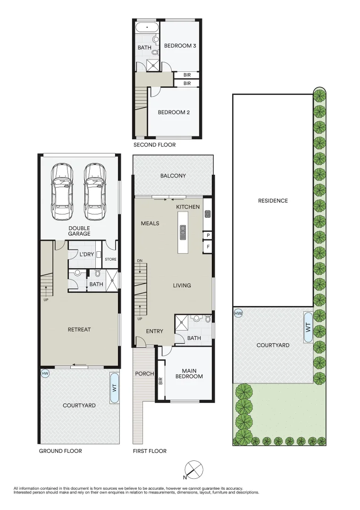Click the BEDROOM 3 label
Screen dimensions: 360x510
coord(180,46)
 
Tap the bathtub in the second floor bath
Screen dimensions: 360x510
coord(147,27)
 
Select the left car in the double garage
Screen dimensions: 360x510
coord(62,192)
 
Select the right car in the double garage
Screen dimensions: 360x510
coord(95,192)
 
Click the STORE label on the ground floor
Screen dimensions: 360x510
coord(110,259)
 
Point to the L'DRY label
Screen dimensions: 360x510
coord(87,255)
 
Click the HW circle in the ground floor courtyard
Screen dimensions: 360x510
coord(45,374)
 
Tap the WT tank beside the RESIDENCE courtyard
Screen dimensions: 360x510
coord(309,327)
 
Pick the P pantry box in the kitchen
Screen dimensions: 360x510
coord(208,235)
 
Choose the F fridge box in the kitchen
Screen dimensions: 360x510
coord(208,246)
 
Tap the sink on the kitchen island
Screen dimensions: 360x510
coord(183,232)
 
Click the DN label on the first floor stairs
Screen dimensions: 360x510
coord(140,261)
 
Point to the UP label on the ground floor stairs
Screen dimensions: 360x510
coord(46,299)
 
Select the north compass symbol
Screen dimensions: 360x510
coord(193,470)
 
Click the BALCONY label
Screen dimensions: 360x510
coord(173,176)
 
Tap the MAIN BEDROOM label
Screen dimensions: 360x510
coord(189,374)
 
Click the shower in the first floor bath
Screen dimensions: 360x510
coord(182,323)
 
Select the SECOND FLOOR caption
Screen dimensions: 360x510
coord(155,145)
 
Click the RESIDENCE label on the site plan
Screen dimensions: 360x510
coord(273,201)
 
